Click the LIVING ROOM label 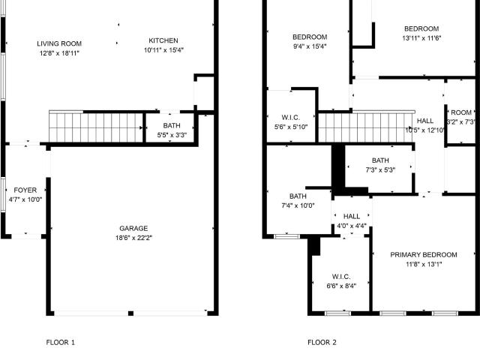[x=59, y=43]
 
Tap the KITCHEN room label [x=163, y=40]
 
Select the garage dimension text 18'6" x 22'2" [x=133, y=238]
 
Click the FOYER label [x=25, y=190]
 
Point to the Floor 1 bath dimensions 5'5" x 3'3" [x=172, y=135]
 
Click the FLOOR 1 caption [x=60, y=342]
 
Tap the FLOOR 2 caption [x=322, y=342]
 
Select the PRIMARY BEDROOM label [x=424, y=255]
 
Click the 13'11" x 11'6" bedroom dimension [x=421, y=38]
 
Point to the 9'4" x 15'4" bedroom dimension [x=310, y=46]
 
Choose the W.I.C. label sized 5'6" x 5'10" [x=290, y=118]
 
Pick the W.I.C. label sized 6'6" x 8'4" [x=341, y=277]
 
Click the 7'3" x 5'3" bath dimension [x=380, y=170]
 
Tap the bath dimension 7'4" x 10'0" [x=298, y=205]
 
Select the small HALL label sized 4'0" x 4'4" [x=352, y=217]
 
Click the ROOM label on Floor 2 [x=461, y=112]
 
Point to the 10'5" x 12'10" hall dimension [x=425, y=130]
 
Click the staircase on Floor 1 [x=96, y=127]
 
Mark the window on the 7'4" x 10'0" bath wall [x=286, y=236]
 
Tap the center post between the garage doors [x=130, y=313]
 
